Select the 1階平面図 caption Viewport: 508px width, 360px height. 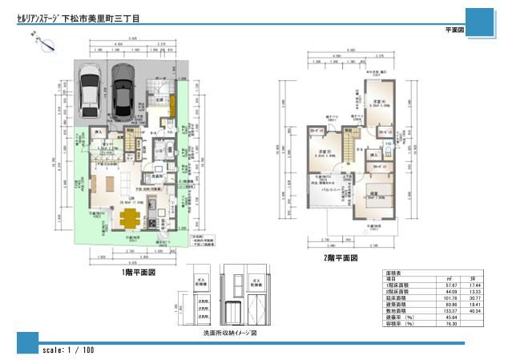click(133, 273)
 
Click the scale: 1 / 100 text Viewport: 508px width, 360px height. click(67, 350)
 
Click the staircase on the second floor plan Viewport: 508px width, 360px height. click(350, 149)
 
